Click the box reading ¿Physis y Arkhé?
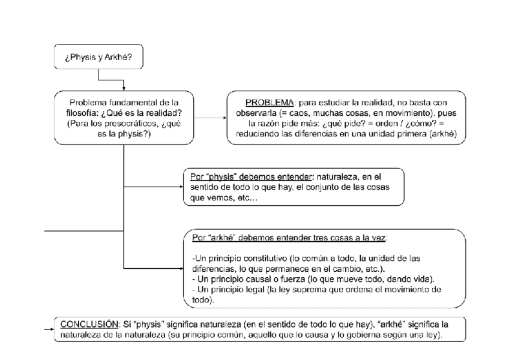coord(98,58)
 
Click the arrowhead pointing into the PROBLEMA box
coord(223,117)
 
